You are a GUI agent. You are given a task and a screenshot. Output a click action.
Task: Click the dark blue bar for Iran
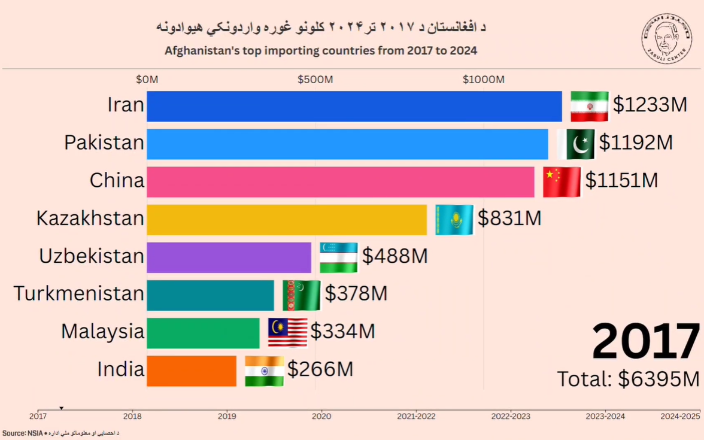point(354,107)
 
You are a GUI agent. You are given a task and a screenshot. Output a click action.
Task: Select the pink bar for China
point(340,182)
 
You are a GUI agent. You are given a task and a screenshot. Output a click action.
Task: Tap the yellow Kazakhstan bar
point(286,220)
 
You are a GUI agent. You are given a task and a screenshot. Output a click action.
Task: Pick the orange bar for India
point(191,371)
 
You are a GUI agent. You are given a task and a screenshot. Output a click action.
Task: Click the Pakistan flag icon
point(576,144)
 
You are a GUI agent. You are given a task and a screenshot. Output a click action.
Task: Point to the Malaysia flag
point(287,333)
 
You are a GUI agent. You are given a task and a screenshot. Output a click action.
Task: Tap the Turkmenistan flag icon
point(301,295)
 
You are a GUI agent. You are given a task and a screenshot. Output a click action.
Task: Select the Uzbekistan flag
point(338,257)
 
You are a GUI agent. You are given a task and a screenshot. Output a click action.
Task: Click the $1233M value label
point(650,105)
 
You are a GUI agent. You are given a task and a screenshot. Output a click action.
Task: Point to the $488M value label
point(395,257)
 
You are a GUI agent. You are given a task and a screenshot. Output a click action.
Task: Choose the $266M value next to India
point(320,369)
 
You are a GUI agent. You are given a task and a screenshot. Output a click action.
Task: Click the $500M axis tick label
point(315,80)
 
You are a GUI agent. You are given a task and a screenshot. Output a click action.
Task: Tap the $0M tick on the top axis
point(147,80)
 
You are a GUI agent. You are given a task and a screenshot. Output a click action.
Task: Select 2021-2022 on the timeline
point(416,415)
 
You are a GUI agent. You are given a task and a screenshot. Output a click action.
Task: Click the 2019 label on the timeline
point(227,415)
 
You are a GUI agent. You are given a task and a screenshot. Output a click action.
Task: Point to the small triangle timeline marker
point(61,408)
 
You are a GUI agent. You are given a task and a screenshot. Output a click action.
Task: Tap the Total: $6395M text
point(628,379)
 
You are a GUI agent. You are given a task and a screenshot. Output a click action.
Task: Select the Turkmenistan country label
point(78,294)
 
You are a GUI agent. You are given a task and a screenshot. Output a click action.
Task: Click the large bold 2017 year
point(645,341)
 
